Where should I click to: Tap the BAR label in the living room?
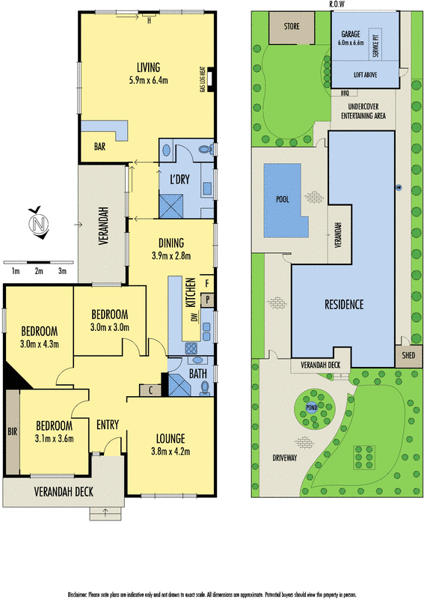99,148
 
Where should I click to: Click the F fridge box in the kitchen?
207,283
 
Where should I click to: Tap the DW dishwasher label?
194,317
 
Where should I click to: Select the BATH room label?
197,372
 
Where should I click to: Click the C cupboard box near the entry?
150,389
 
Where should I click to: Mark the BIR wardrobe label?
10,433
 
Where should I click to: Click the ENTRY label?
108,425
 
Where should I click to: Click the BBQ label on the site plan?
345,94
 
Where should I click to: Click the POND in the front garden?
311,407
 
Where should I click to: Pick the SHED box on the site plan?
408,356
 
